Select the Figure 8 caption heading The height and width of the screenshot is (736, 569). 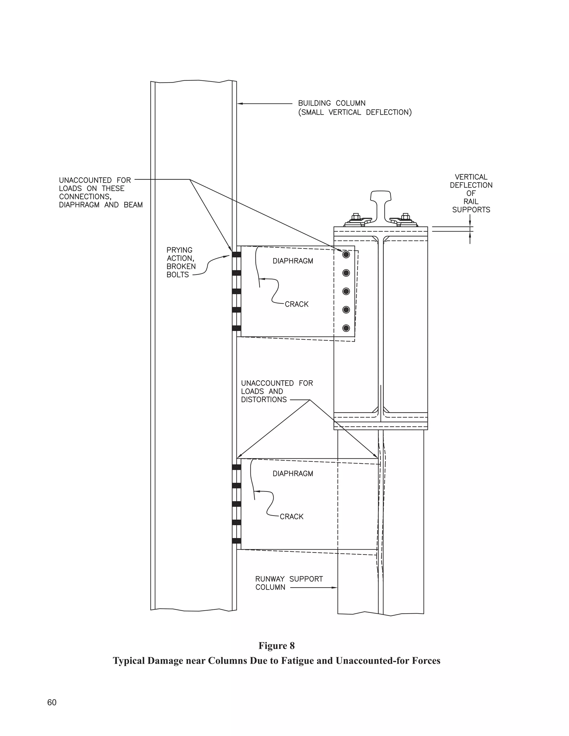click(x=276, y=646)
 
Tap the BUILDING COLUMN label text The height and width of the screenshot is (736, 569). click(x=332, y=103)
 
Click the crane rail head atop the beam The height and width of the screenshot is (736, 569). click(x=381, y=196)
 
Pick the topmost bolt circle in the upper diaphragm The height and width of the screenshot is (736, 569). click(x=346, y=254)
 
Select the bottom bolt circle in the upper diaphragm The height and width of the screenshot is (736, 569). click(x=346, y=328)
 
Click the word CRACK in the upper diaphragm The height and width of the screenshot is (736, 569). click(x=297, y=304)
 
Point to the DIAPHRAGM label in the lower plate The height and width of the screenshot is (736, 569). click(x=293, y=474)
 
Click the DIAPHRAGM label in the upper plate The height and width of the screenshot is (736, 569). click(x=293, y=261)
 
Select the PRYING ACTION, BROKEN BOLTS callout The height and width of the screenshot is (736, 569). click(x=181, y=262)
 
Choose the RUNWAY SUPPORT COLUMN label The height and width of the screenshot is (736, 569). click(x=289, y=583)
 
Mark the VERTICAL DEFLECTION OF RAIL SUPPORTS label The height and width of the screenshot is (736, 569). click(x=471, y=193)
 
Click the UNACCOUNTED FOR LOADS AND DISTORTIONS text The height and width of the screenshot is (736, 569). click(x=277, y=391)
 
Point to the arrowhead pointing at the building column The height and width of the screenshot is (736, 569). click(x=240, y=104)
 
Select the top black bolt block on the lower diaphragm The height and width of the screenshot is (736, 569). click(x=237, y=467)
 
